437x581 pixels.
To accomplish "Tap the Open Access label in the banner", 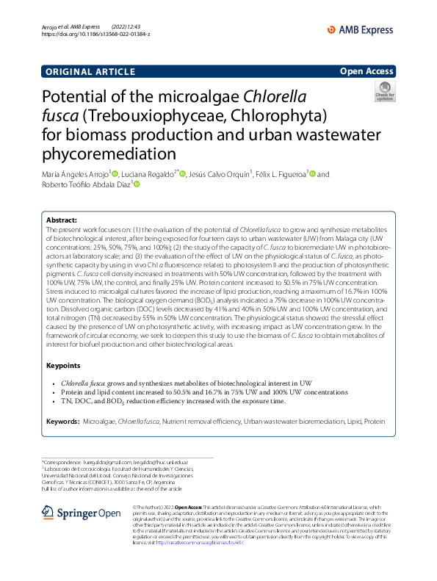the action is click(366, 71).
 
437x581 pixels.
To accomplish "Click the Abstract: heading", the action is click(62, 220).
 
